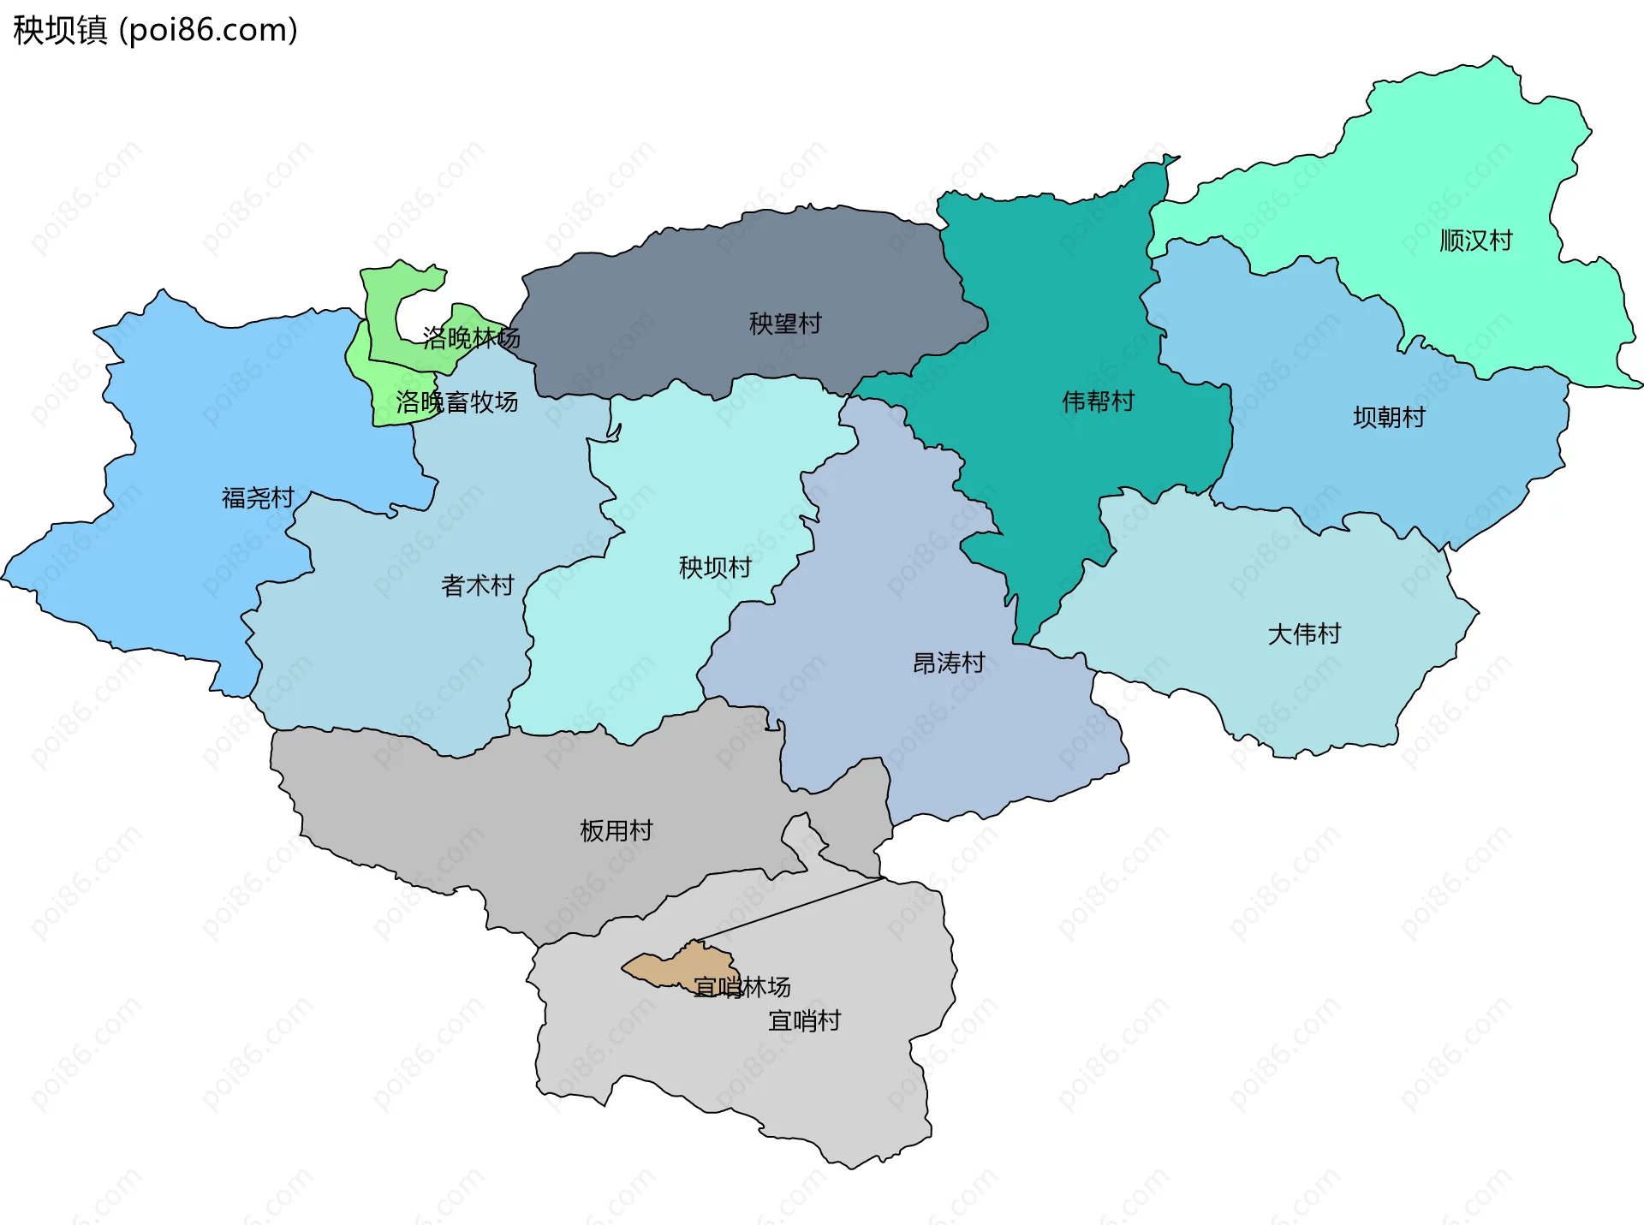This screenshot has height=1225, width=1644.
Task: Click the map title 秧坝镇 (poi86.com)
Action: click(x=155, y=30)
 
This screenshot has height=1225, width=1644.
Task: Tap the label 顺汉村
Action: click(x=1475, y=241)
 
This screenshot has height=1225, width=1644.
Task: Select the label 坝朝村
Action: click(x=1389, y=418)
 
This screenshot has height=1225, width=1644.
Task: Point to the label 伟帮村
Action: click(x=1098, y=401)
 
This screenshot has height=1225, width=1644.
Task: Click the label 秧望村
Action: click(x=784, y=324)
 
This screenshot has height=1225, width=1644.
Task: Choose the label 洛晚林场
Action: click(x=471, y=338)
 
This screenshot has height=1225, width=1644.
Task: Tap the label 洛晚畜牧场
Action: click(x=456, y=402)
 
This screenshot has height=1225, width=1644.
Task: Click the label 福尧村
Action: click(x=257, y=498)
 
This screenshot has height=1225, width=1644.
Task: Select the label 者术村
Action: click(x=477, y=586)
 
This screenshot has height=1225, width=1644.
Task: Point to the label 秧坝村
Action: click(x=714, y=568)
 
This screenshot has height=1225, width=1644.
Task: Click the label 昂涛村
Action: click(x=948, y=663)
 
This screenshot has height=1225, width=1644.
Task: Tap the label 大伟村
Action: click(x=1303, y=634)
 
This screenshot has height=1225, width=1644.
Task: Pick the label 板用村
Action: click(x=616, y=831)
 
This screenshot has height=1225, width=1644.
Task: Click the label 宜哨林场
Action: click(x=742, y=988)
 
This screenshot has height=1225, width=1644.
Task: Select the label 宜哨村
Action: click(x=804, y=1021)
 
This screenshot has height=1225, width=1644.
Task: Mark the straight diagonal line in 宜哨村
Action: click(x=788, y=909)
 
